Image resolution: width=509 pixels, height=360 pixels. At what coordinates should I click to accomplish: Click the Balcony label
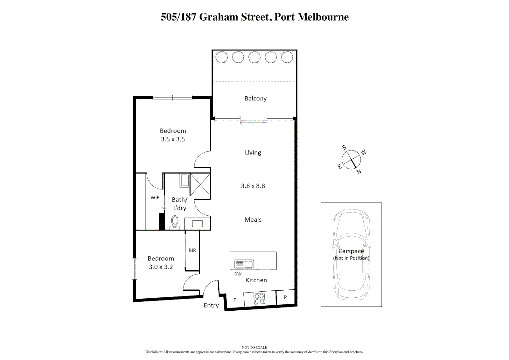click(255, 98)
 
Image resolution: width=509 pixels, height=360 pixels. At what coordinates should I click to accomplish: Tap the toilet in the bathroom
click(175, 222)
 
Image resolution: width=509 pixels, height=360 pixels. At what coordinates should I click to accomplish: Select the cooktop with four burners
click(259, 299)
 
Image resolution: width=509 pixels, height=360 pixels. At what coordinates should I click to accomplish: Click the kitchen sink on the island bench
click(244, 264)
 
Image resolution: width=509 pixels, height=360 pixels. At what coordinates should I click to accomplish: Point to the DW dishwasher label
click(238, 274)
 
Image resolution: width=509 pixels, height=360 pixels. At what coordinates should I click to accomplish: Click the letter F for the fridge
click(235, 300)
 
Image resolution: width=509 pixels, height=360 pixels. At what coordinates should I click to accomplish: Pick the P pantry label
click(285, 297)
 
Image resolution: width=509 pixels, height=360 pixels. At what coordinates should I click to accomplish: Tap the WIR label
click(155, 197)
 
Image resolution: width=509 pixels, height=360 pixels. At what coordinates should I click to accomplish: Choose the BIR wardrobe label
click(192, 250)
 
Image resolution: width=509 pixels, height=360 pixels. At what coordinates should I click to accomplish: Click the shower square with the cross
click(200, 185)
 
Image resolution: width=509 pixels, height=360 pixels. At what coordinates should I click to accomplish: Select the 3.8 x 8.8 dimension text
click(253, 186)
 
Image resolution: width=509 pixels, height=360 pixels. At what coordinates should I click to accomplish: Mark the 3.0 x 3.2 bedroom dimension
click(161, 267)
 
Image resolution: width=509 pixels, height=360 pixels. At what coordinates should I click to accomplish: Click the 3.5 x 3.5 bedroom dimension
click(173, 139)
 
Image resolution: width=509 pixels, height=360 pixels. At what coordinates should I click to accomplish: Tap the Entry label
click(211, 305)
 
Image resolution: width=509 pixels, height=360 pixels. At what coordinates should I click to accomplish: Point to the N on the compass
click(359, 172)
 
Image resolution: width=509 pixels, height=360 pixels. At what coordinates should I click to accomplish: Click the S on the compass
click(344, 148)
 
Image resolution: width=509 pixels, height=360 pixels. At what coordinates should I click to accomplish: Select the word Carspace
click(351, 251)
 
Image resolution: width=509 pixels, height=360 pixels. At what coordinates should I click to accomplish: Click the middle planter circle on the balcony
click(254, 57)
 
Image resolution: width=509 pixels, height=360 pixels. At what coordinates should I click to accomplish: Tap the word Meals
click(253, 220)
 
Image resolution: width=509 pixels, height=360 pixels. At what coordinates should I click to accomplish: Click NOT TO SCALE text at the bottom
click(254, 347)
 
